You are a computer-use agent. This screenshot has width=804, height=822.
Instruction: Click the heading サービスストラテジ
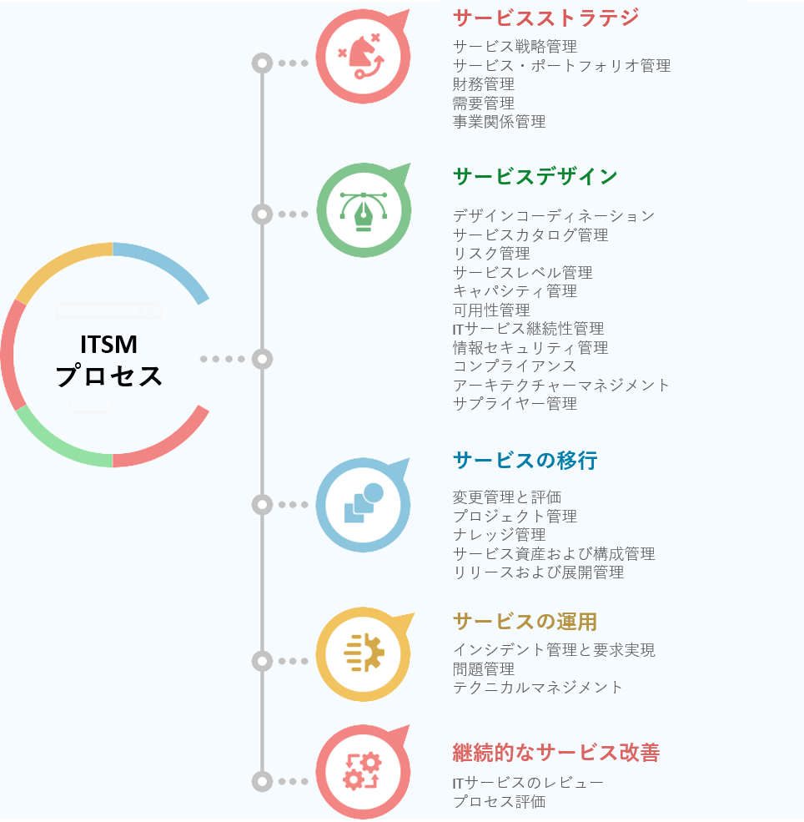[x=545, y=18]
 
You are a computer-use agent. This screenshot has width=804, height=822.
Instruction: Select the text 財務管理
[x=484, y=84]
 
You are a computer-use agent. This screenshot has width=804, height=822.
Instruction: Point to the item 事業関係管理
[x=499, y=122]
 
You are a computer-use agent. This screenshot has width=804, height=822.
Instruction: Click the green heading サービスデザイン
[x=535, y=176]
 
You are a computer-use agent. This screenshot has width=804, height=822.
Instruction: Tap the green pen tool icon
[x=363, y=210]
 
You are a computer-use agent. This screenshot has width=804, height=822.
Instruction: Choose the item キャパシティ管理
[x=515, y=291]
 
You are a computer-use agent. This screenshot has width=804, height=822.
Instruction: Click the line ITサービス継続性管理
[x=528, y=329]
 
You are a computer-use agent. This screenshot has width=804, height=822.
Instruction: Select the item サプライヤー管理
[x=515, y=404]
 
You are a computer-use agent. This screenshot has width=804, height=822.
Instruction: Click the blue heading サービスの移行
[x=525, y=460]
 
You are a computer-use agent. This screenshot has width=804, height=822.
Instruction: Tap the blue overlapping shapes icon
[x=363, y=503]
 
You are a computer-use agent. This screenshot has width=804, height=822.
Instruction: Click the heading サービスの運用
[x=525, y=622]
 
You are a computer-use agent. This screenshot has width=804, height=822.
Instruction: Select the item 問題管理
[x=484, y=669]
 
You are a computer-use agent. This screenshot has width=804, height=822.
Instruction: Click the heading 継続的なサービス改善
[x=555, y=753]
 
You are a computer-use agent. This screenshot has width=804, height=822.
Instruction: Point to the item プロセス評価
[x=499, y=802]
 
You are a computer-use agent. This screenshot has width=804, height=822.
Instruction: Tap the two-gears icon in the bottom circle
[x=363, y=771]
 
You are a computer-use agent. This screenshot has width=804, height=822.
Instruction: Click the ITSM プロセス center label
[x=109, y=361]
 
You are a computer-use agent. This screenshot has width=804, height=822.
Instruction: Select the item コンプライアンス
[x=515, y=366]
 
